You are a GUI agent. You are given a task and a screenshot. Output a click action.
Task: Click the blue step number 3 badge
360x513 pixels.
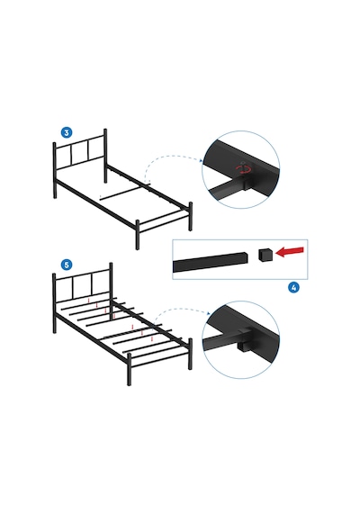67,132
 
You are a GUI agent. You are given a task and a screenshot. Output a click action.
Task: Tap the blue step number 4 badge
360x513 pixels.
293,288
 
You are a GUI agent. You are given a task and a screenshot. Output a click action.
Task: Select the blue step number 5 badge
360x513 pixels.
67,265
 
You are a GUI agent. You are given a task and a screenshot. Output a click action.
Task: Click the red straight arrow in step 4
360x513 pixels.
290,252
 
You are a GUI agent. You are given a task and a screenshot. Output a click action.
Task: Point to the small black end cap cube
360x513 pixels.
265,255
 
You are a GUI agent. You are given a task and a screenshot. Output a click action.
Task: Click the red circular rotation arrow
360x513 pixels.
245,169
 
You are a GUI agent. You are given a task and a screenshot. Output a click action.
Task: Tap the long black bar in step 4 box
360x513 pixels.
210,262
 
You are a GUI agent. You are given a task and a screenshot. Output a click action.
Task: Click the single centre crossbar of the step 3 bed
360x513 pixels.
125,191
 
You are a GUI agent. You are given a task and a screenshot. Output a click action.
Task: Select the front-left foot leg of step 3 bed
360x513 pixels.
138,234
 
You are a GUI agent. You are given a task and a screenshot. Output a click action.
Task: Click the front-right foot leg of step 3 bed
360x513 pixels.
190,217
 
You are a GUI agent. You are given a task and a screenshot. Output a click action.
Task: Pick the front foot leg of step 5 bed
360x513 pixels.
129,369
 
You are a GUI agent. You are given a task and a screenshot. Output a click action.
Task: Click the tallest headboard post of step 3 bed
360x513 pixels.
105,156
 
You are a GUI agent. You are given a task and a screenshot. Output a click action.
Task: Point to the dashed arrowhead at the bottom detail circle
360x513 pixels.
209,314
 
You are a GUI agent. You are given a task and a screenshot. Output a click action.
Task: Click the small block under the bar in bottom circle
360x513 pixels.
242,346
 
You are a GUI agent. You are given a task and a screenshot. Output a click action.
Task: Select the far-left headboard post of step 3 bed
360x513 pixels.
55,170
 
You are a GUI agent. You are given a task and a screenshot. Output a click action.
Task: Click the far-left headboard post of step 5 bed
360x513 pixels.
55,303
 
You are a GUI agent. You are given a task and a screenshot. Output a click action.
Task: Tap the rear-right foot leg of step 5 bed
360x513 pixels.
190,354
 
